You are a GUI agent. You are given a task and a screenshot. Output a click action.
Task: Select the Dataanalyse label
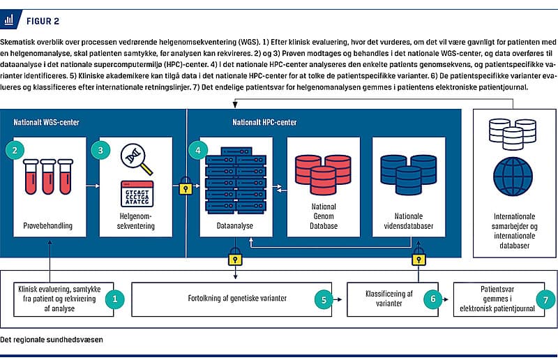(x=234, y=227)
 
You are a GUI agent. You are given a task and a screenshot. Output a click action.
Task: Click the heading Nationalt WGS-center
(x=45, y=123)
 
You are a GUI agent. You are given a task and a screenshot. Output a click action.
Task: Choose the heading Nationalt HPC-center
(x=264, y=123)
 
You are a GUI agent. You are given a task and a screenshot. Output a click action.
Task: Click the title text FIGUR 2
(x=43, y=21)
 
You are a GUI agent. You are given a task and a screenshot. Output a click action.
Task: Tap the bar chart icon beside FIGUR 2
(x=10, y=21)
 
